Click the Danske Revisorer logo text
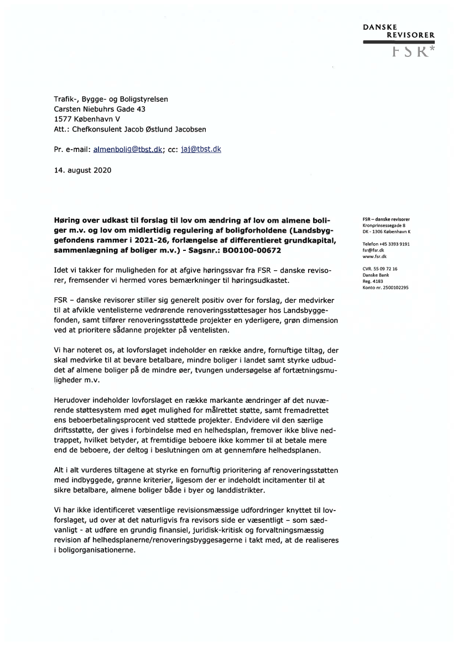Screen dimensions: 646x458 click(x=398, y=30)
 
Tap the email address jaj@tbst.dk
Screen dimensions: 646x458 click(x=201, y=149)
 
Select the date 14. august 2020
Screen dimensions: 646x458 click(x=82, y=170)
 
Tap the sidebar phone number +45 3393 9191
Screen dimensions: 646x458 click(x=394, y=244)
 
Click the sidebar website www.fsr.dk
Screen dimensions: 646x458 click(x=374, y=256)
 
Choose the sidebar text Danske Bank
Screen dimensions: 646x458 click(x=376, y=275)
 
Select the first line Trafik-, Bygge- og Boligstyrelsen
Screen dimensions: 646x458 click(x=111, y=99)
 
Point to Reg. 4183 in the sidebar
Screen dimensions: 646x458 click(x=373, y=281)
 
